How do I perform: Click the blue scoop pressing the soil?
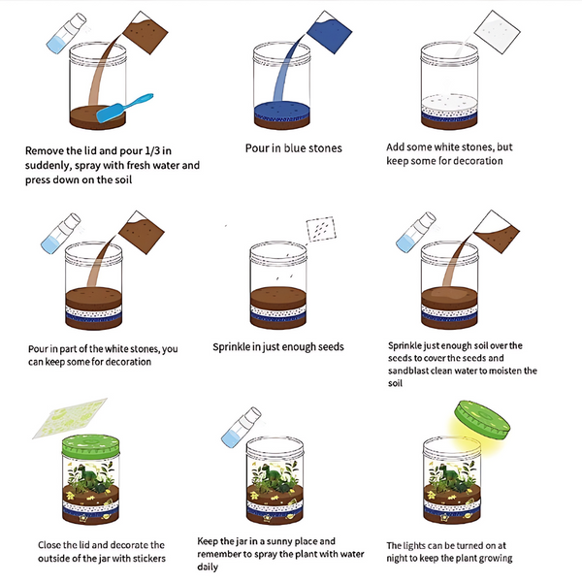[123, 108]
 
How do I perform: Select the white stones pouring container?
[498, 32]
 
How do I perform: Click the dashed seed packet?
[321, 229]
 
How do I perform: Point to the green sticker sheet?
[70, 418]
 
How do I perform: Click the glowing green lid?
[482, 420]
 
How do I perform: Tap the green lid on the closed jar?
[91, 446]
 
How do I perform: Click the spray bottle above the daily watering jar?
[242, 427]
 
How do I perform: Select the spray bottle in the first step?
[66, 33]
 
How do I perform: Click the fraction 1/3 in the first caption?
[152, 150]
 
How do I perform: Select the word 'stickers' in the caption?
[149, 559]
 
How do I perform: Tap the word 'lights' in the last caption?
[415, 546]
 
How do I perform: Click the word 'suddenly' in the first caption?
[48, 166]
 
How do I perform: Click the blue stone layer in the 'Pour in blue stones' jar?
[282, 110]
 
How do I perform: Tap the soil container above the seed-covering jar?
[497, 232]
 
